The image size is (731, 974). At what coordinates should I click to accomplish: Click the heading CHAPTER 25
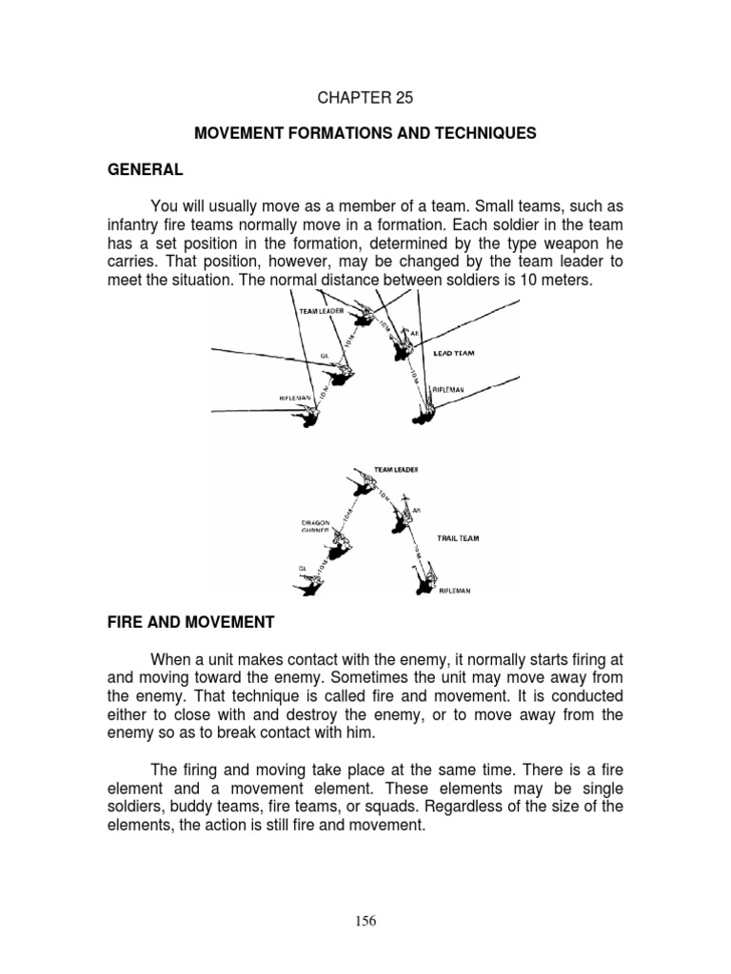(x=365, y=97)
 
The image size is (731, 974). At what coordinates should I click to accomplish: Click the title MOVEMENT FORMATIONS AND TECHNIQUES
(x=365, y=134)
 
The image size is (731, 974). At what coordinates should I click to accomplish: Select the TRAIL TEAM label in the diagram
(x=458, y=538)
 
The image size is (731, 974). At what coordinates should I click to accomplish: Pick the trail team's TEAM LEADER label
(x=396, y=470)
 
